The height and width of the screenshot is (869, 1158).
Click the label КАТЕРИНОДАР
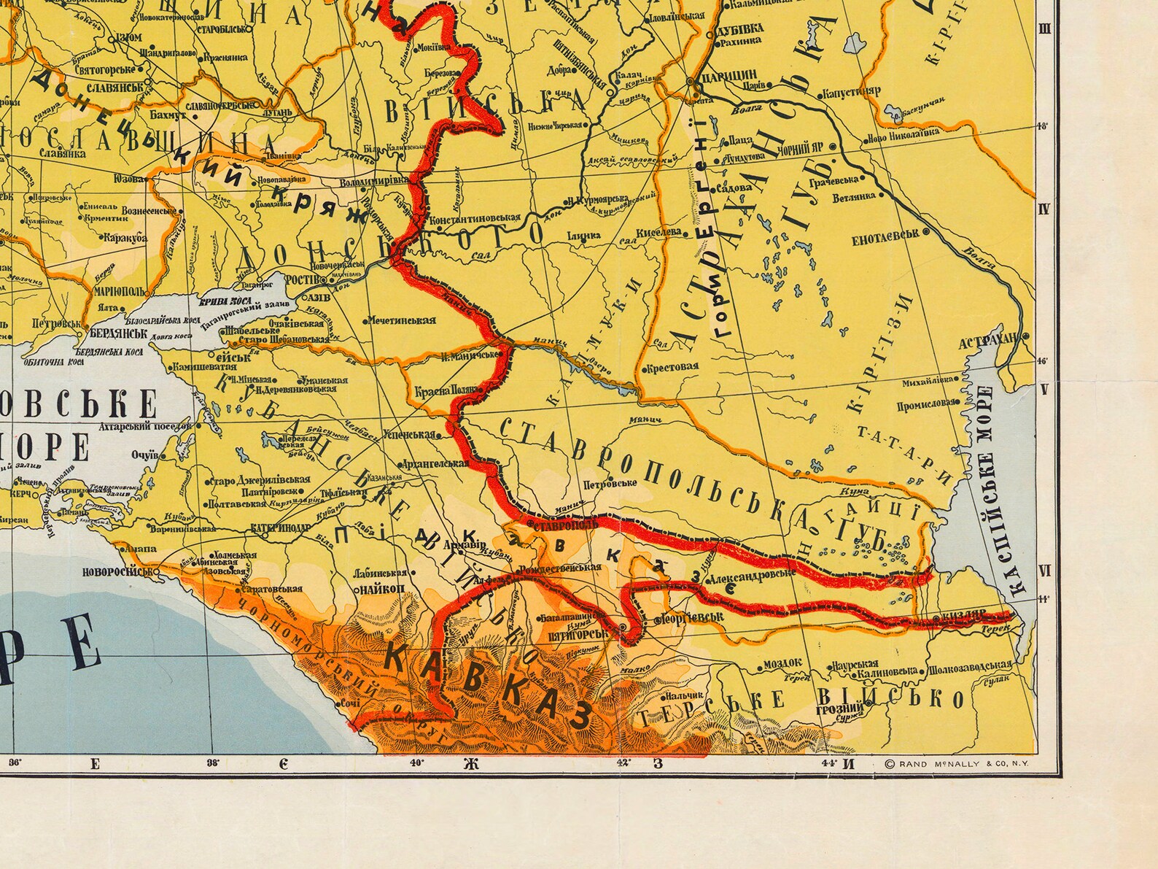click(x=278, y=525)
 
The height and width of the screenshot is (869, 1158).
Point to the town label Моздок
click(x=782, y=664)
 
